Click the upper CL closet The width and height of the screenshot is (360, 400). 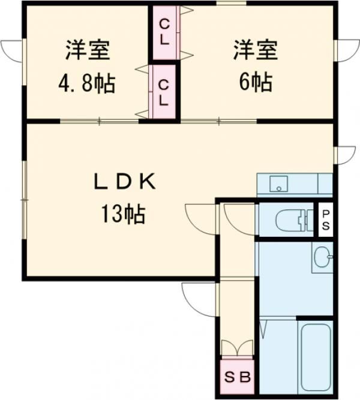click(x=164, y=32)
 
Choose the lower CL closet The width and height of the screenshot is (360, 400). click(x=164, y=91)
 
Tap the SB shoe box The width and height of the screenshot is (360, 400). click(x=238, y=378)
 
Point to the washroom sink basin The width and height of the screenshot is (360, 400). click(x=323, y=258)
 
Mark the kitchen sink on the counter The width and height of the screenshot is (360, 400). click(x=278, y=184)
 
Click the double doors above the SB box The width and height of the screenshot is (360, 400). click(x=238, y=348)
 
